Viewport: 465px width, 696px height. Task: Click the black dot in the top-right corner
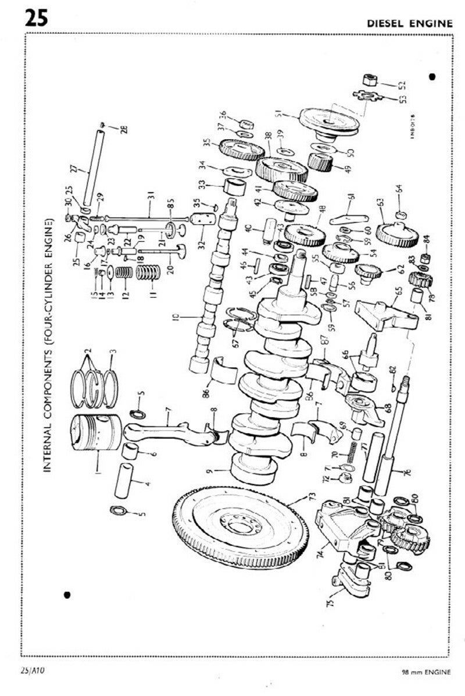coord(432,76)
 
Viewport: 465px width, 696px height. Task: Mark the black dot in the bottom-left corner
coord(68,594)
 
